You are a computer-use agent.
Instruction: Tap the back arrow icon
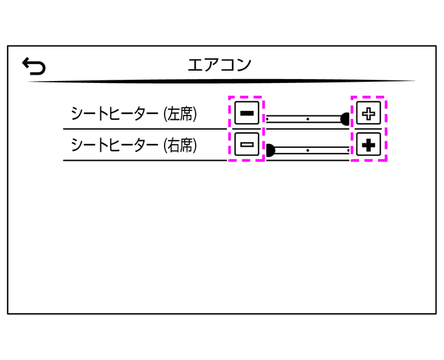tap(33, 65)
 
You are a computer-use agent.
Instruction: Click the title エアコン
tap(219, 65)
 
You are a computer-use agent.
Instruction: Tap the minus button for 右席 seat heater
tap(246, 145)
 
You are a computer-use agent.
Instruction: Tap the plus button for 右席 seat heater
tap(368, 145)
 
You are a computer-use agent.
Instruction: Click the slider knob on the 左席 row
tap(345, 119)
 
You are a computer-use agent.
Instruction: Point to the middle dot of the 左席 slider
tap(308, 119)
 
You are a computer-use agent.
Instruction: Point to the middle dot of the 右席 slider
tap(308, 150)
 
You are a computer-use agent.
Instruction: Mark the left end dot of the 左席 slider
tap(267, 119)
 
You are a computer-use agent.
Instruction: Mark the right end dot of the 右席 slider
tap(349, 150)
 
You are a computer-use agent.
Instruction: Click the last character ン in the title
tap(242, 65)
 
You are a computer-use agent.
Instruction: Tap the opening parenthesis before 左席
tap(163, 114)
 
